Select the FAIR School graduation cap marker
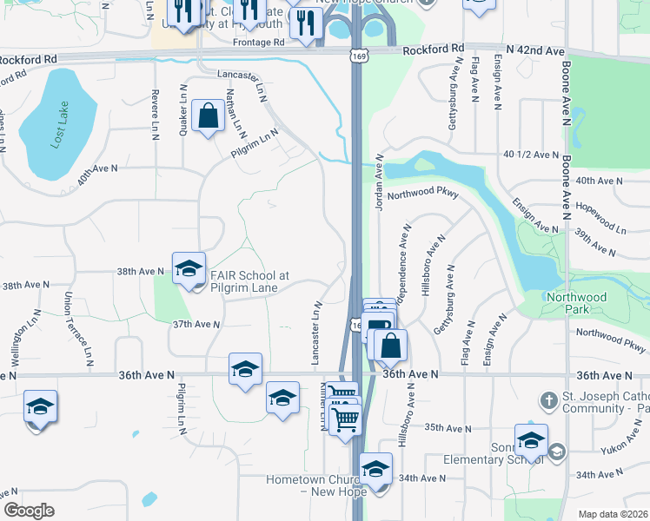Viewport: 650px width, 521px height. [188, 269]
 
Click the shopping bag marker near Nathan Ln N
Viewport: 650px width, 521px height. [209, 115]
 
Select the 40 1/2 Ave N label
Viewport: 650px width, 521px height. [530, 155]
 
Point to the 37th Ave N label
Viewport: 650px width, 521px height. [196, 324]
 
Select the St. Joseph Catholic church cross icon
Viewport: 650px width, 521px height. [548, 401]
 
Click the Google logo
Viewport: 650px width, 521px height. [29, 511]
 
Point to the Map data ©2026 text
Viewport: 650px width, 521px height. [613, 514]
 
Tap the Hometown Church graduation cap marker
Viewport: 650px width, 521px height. [375, 470]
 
